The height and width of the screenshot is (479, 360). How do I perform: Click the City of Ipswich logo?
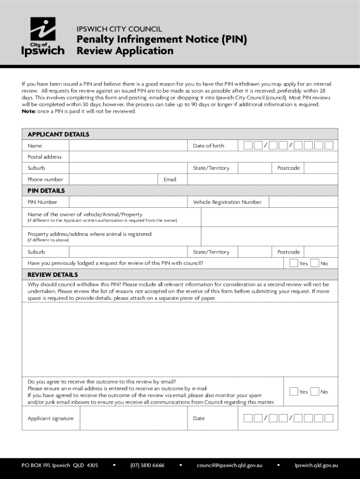[43, 36]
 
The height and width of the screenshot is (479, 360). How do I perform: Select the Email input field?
[262, 180]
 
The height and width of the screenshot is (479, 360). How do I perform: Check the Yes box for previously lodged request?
[294, 263]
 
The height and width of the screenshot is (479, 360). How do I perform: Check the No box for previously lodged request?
[315, 263]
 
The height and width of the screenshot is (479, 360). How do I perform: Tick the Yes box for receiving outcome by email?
[294, 392]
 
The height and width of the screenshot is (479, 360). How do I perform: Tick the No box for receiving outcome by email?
[315, 392]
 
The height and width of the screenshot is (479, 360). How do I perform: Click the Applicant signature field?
[133, 418]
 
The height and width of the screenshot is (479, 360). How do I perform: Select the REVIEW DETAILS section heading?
[53, 275]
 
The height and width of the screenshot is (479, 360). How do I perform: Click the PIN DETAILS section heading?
[46, 191]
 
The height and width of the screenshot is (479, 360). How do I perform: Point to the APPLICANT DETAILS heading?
[58, 134]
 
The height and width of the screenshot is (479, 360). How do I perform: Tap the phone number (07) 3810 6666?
[147, 465]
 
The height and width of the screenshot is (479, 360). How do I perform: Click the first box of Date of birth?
[248, 145]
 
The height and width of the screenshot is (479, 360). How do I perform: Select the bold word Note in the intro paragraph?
[28, 111]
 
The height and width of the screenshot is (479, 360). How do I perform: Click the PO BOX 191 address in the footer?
[60, 465]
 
